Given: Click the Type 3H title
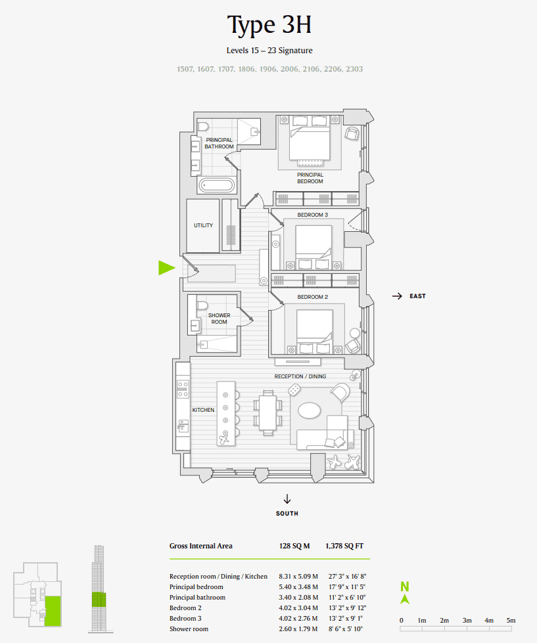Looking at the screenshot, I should (269, 25).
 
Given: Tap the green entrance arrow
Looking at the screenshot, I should (166, 267).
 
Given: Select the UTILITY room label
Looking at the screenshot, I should (203, 226).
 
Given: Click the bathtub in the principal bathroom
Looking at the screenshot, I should (216, 185).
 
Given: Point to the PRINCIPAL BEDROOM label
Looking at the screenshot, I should (310, 178).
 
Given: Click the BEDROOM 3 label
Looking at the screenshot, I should (312, 215).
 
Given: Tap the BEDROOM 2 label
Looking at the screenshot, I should (312, 297).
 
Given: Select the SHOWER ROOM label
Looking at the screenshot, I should (220, 319).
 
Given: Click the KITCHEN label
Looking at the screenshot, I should (203, 410).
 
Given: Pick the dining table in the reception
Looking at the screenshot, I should (268, 412).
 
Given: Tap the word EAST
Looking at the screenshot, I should (417, 296).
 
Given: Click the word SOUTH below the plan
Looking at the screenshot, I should (287, 514).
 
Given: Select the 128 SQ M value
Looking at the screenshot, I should (294, 546).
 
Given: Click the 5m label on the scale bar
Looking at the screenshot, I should (511, 621).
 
